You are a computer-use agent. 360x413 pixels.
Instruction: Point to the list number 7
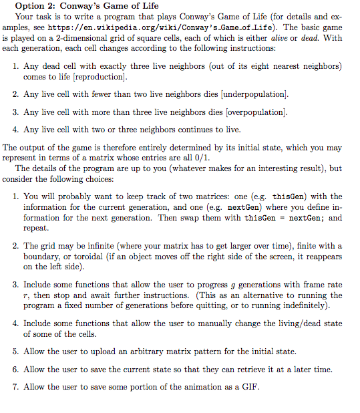pyautogui.click(x=15, y=387)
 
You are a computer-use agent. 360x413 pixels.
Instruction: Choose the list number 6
pyautogui.click(x=15, y=370)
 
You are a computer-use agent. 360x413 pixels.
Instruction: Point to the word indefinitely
pyautogui.click(x=295, y=305)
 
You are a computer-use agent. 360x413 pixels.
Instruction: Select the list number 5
pyautogui.click(x=15, y=352)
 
